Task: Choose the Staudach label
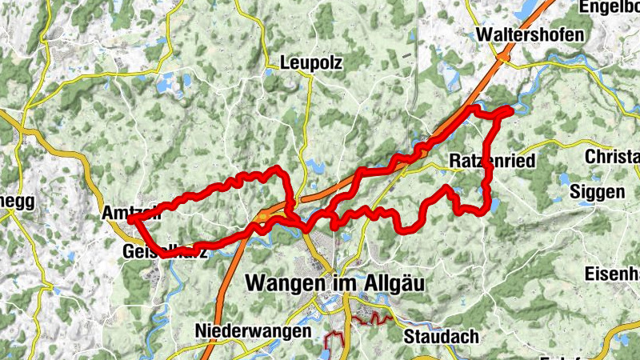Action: point(441,335)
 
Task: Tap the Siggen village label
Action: point(597,192)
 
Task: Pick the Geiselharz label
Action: point(164,252)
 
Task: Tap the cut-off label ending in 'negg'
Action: point(18,202)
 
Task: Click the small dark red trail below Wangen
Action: point(364,321)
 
